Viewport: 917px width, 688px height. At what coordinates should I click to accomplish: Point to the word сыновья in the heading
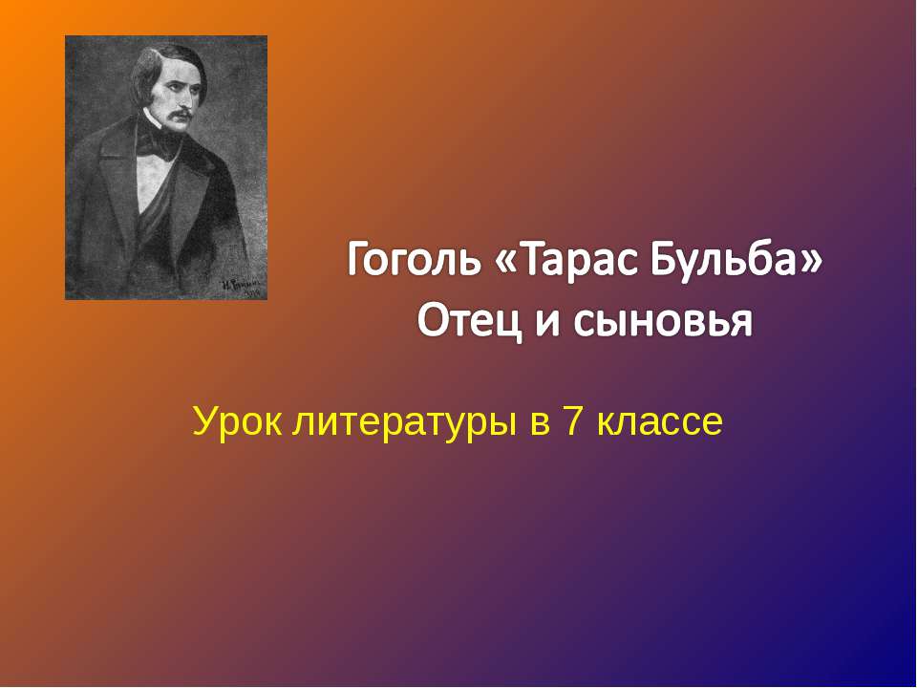tap(663, 322)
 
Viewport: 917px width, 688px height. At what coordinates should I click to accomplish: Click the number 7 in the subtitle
tap(573, 420)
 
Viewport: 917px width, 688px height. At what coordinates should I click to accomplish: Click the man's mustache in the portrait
tap(179, 116)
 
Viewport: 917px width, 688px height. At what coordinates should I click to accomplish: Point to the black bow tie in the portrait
tap(161, 144)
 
